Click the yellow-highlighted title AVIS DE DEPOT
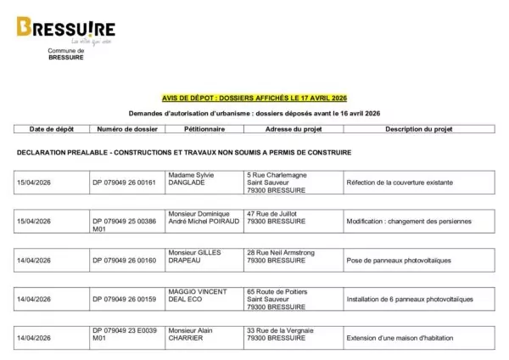pos(255,98)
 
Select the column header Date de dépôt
pos(52,130)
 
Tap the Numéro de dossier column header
pos(126,130)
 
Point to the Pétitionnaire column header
pos(204,130)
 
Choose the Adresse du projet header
pos(291,130)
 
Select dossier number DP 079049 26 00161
pos(125,182)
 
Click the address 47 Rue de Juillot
pos(275,214)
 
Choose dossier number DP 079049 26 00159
pos(125,299)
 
